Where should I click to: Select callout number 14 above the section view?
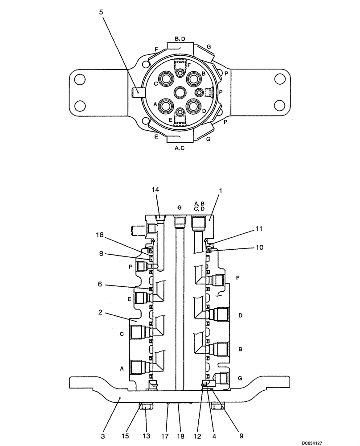155,190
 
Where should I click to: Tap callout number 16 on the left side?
100,234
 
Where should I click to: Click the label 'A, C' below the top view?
180,148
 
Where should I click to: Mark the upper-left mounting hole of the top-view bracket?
80,79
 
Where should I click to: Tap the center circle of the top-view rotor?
180,93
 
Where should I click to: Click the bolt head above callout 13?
147,406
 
